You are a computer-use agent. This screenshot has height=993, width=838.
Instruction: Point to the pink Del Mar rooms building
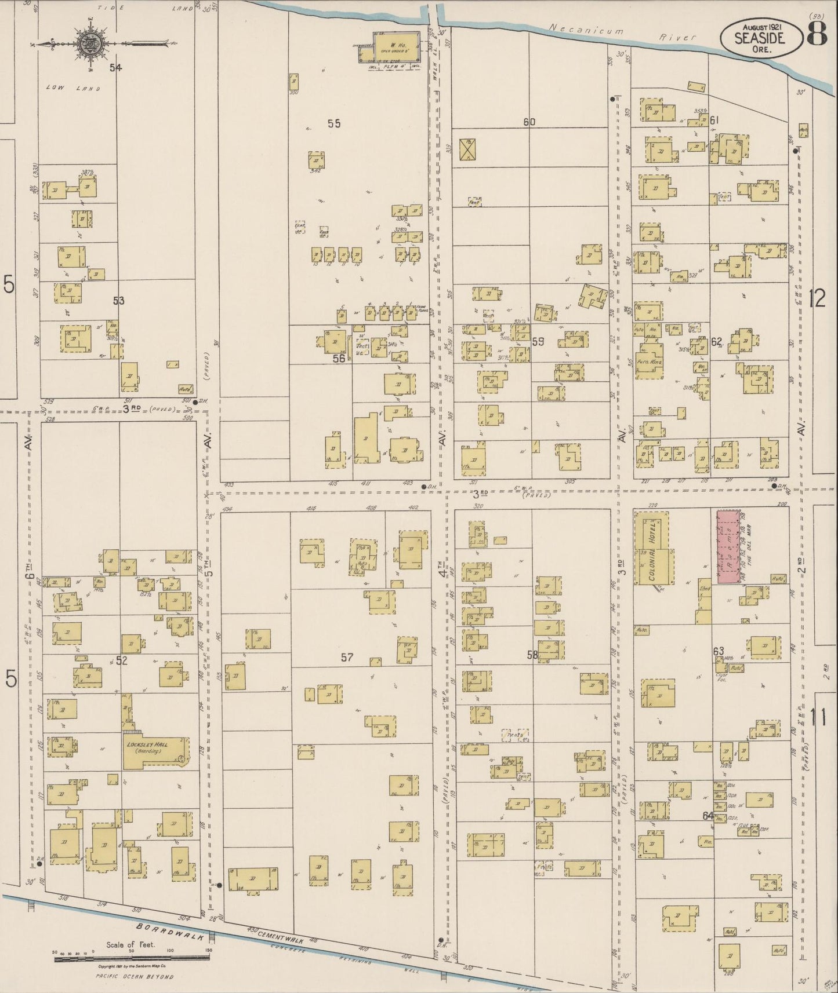728,546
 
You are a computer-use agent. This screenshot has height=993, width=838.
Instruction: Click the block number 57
347,657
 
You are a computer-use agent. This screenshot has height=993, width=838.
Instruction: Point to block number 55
333,123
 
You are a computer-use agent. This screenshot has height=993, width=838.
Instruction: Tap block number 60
529,122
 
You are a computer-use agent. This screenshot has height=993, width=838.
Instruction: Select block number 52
121,659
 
